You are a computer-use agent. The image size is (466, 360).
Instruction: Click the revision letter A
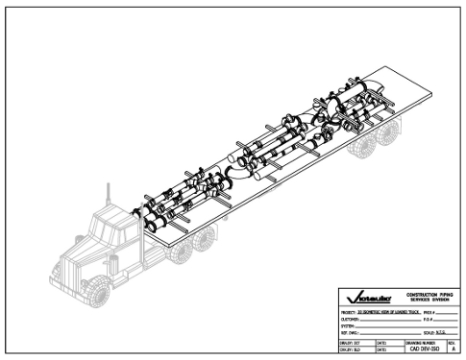(453, 348)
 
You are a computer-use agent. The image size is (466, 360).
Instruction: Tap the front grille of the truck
(73, 264)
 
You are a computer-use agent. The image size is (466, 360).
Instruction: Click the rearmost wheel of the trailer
(387, 137)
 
